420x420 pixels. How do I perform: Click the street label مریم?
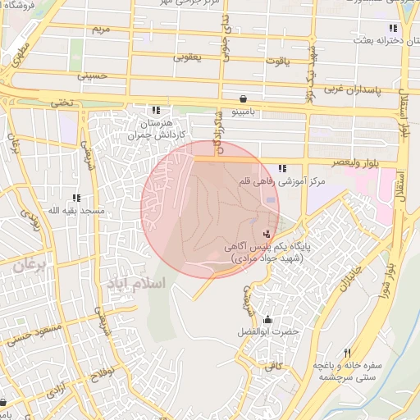coord(101,30)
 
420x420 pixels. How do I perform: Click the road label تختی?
coord(63,103)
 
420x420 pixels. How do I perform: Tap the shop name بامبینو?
coord(244,109)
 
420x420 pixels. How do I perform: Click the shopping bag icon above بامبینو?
coord(244,98)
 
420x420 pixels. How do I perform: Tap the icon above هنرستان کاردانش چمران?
coord(156,111)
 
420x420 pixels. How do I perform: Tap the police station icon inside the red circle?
coord(265,233)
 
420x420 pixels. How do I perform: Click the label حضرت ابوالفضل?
coord(267,331)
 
